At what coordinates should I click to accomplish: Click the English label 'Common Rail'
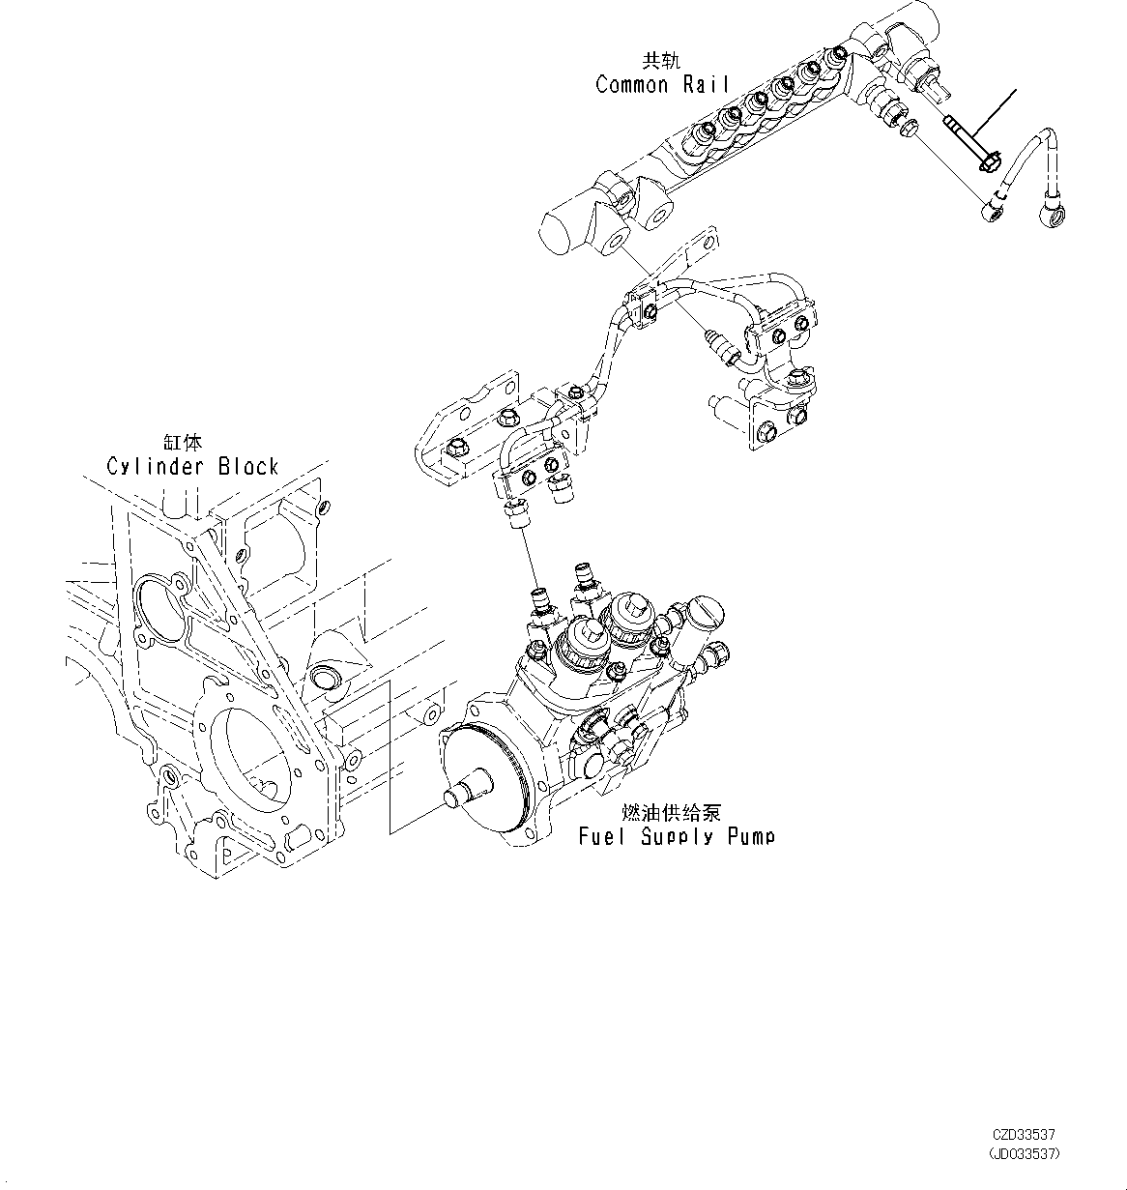(661, 85)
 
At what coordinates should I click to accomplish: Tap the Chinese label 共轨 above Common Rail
(661, 61)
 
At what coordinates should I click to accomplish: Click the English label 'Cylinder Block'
(192, 467)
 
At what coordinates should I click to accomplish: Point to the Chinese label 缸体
(183, 443)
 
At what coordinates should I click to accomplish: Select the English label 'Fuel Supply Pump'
(676, 836)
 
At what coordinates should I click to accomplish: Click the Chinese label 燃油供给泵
(671, 813)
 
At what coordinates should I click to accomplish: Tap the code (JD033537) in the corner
(1026, 1154)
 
